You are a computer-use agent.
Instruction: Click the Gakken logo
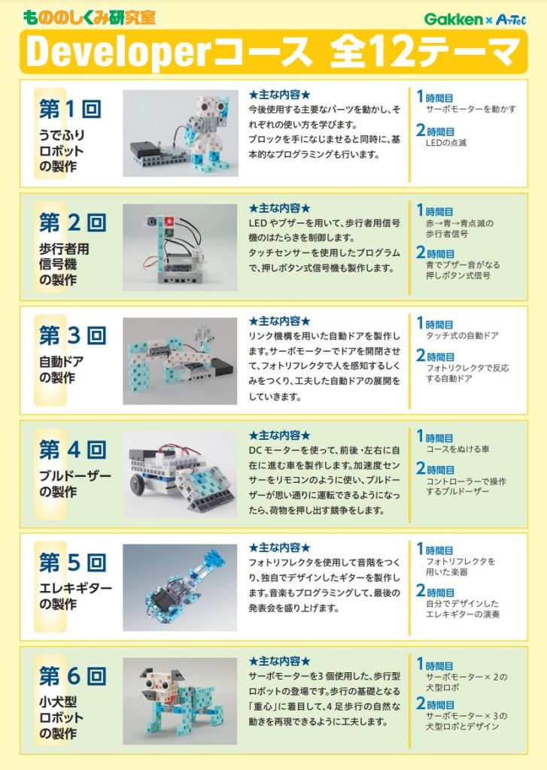(454, 19)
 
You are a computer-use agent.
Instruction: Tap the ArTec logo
(511, 20)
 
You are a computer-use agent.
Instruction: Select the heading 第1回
(70, 108)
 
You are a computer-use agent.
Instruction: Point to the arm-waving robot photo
(181, 133)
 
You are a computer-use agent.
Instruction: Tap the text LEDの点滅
(445, 143)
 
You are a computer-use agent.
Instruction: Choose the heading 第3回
(72, 335)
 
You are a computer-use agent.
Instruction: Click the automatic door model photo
(180, 361)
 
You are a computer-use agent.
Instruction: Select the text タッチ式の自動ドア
(462, 335)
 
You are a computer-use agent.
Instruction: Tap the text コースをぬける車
(457, 449)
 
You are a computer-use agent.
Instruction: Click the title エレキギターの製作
(75, 596)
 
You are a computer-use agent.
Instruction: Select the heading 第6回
(72, 676)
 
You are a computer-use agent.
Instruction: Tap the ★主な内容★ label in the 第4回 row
(280, 435)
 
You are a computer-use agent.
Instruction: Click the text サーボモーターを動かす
(471, 109)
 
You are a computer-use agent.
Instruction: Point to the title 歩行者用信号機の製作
(64, 264)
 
